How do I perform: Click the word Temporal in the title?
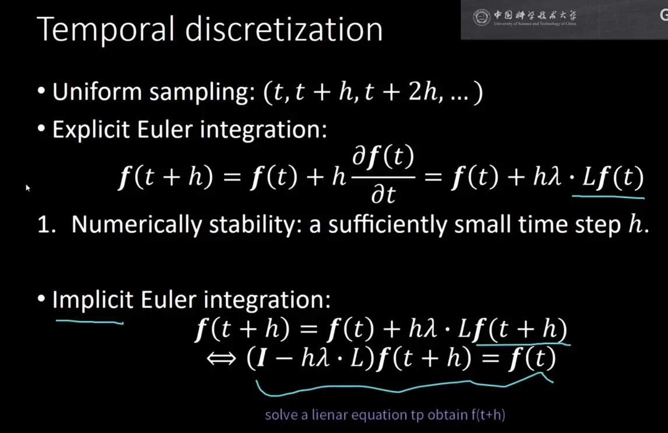[x=106, y=29]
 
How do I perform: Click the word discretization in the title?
[x=284, y=29]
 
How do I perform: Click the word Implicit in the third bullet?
[x=93, y=300]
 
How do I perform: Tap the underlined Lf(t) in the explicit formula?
[x=613, y=177]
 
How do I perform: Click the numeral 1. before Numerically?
[x=47, y=224]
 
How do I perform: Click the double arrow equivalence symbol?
[x=221, y=358]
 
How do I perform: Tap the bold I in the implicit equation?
[x=262, y=358]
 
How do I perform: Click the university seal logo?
[x=481, y=17]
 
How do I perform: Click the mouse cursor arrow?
[x=28, y=187]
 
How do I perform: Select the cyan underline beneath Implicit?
[x=89, y=322]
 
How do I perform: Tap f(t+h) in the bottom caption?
[x=488, y=415]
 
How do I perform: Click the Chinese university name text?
[x=535, y=15]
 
